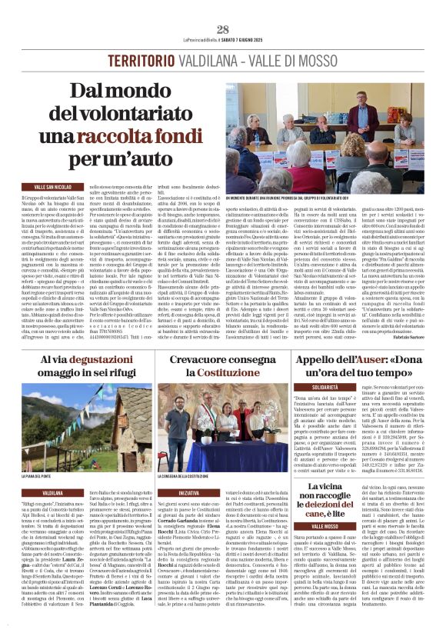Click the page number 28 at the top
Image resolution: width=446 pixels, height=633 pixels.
click(x=223, y=28)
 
